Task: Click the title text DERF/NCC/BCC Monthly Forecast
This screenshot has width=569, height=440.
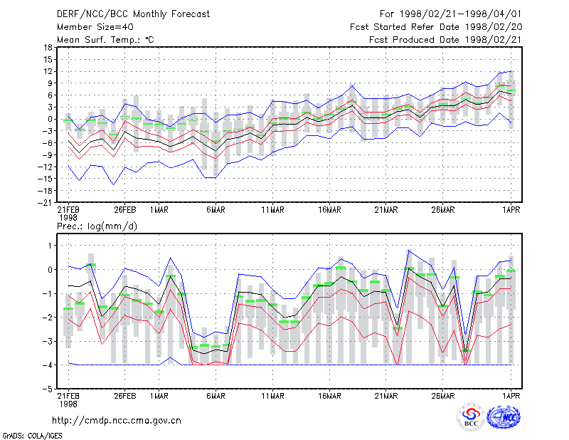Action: [x=133, y=14]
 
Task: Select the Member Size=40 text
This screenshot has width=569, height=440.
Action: [x=95, y=27]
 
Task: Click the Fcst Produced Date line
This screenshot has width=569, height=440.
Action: [x=445, y=40]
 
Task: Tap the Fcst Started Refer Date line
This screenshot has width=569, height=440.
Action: [x=436, y=27]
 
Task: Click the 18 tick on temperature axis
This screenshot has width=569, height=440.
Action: [x=48, y=48]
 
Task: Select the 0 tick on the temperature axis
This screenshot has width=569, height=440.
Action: [x=50, y=119]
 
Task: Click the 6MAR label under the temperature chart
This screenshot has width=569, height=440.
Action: [x=216, y=210]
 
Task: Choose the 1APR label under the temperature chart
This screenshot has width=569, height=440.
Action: [x=511, y=210]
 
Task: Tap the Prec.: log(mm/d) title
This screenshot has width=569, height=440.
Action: [x=97, y=226]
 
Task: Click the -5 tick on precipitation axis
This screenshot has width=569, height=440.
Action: [x=48, y=389]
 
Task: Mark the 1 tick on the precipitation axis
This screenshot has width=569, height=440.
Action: [x=50, y=246]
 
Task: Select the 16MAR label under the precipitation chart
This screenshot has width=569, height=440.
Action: [x=329, y=396]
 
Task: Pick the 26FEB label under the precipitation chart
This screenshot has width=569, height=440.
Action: [x=125, y=396]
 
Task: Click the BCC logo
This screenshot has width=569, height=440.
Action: [x=471, y=417]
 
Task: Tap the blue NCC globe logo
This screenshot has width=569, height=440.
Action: [x=504, y=417]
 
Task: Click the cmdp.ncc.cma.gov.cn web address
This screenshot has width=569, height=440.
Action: [x=117, y=421]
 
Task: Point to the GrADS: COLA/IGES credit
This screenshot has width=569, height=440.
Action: [x=32, y=436]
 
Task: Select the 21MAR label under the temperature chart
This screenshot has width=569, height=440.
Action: [x=386, y=210]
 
